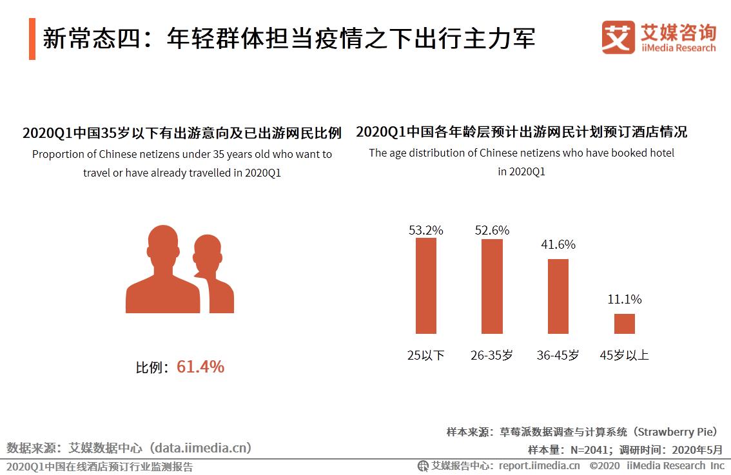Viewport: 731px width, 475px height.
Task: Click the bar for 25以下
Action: tap(425, 286)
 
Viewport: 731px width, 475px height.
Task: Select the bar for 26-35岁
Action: tap(492, 286)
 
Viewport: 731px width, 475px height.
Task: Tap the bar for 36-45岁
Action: tap(558, 296)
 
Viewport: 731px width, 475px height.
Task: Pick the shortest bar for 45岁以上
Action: tap(624, 324)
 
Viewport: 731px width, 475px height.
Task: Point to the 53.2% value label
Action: tap(426, 230)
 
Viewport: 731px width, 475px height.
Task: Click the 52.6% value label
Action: tap(492, 230)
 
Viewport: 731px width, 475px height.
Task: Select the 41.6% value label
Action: tap(558, 245)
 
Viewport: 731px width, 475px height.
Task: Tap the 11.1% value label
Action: tap(625, 300)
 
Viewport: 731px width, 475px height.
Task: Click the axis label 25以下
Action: tap(426, 355)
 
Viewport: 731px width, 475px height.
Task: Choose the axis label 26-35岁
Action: tap(492, 355)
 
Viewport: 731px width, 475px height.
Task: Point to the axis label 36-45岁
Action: tap(558, 355)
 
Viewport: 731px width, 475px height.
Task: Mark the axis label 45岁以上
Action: tap(625, 355)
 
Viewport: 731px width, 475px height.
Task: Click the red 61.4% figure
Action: tap(200, 367)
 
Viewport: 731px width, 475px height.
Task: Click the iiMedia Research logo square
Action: tap(618, 38)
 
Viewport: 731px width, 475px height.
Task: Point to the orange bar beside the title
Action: tap(32, 39)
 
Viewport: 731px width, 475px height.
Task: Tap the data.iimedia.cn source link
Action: tap(201, 447)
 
